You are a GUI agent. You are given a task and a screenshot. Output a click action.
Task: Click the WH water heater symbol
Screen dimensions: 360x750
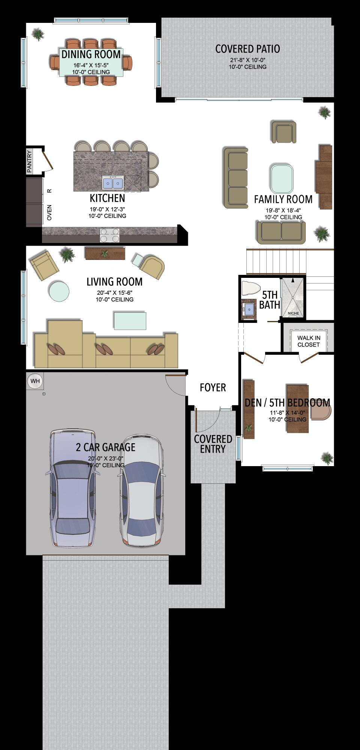click(35, 381)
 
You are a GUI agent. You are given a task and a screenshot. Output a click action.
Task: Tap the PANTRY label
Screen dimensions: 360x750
click(30, 162)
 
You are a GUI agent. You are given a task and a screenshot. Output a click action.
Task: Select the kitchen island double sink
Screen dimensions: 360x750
click(113, 183)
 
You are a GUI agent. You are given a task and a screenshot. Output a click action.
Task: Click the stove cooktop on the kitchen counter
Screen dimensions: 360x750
click(109, 235)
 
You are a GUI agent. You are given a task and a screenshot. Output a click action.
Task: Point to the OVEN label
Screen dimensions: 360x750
click(49, 212)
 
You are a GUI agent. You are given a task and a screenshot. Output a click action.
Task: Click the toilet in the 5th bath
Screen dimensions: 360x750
click(251, 288)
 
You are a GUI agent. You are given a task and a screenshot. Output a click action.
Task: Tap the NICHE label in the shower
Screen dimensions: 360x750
click(293, 313)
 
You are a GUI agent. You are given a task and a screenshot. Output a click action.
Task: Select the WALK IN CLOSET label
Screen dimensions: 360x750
click(309, 341)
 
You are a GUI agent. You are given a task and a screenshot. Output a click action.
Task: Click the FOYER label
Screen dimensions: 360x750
click(213, 388)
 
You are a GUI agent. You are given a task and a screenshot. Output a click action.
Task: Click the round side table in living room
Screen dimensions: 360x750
click(59, 291)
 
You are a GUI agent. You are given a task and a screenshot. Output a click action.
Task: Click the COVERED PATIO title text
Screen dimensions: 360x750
click(247, 49)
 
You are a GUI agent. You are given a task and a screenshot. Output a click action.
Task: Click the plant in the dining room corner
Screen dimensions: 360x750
click(38, 34)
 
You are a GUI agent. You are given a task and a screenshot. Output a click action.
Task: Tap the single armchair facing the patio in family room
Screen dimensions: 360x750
click(284, 132)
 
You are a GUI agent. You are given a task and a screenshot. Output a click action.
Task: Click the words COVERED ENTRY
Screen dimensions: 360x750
click(213, 444)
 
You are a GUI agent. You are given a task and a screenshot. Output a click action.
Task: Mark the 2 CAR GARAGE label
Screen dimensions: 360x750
click(106, 447)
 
